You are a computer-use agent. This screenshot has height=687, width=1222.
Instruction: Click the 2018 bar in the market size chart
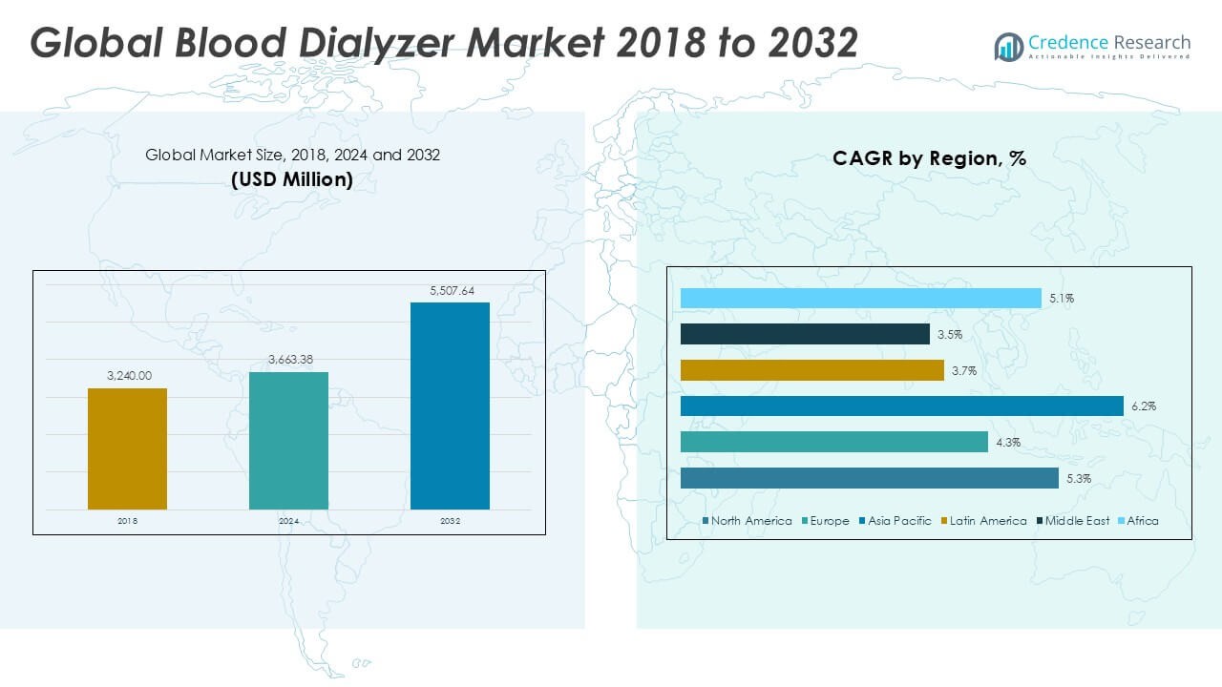[127, 448]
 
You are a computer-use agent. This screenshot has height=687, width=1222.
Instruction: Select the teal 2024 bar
[288, 440]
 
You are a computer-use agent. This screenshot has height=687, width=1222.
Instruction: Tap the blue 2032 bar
[450, 406]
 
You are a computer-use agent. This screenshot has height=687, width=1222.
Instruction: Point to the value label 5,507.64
[451, 291]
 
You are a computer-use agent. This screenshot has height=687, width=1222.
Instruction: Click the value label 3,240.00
[128, 376]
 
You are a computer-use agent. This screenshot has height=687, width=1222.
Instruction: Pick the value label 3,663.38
[289, 360]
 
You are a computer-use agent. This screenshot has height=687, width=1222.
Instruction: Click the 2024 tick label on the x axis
[289, 522]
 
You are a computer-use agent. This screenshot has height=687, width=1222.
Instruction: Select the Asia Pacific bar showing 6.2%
[901, 406]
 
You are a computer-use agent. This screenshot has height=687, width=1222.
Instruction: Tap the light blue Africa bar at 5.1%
[860, 299]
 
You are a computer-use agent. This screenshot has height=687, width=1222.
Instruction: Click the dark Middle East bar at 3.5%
[805, 334]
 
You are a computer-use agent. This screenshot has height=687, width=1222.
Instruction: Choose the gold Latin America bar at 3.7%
[811, 370]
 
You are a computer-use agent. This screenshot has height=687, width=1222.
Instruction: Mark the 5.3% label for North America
[1079, 478]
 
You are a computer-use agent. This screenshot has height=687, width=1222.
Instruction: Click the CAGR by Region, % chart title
[929, 158]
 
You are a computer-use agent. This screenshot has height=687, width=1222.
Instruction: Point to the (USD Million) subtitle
[292, 178]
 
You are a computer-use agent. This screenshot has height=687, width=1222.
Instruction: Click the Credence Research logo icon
[1008, 47]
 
